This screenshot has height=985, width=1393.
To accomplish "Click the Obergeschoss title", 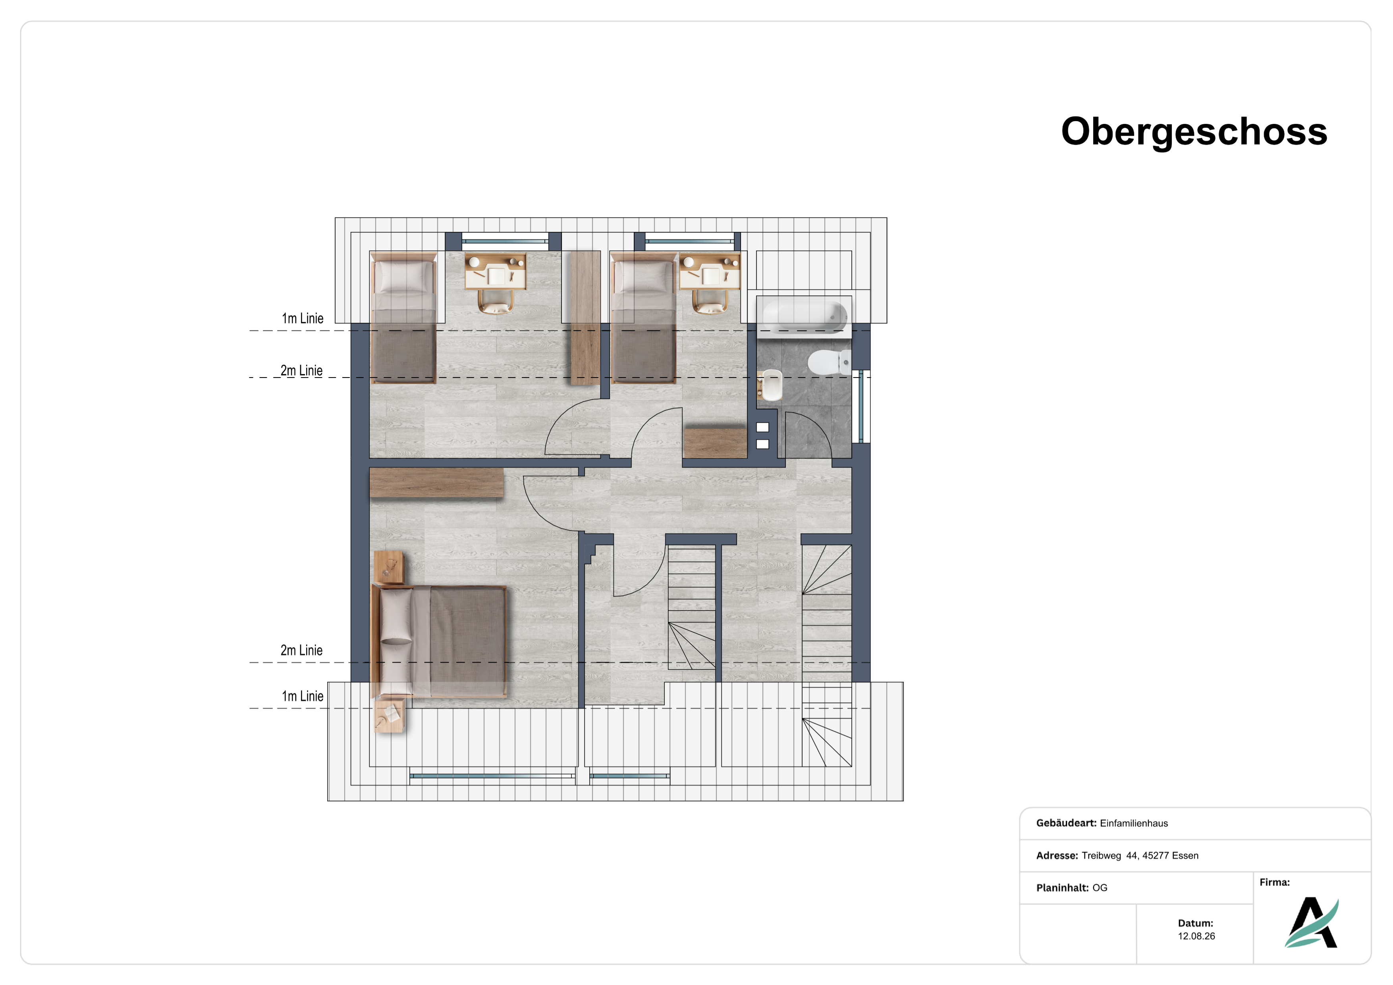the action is [1194, 132].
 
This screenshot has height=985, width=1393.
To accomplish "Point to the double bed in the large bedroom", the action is [439, 642].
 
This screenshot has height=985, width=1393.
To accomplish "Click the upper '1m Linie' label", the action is [302, 318].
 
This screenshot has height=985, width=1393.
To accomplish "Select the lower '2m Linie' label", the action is [301, 650].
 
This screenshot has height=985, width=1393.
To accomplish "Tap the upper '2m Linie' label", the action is [301, 370].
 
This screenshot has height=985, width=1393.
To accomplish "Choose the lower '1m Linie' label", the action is [302, 696].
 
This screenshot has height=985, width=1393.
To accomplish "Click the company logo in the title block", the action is [1312, 923].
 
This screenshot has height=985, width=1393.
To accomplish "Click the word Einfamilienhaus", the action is [1134, 823].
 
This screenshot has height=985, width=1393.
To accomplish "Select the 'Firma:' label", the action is [1275, 883].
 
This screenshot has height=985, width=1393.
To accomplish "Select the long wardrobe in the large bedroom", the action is [436, 483].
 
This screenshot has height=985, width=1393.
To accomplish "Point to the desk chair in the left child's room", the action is [496, 301].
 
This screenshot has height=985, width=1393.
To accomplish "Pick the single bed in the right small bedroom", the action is [643, 318].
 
